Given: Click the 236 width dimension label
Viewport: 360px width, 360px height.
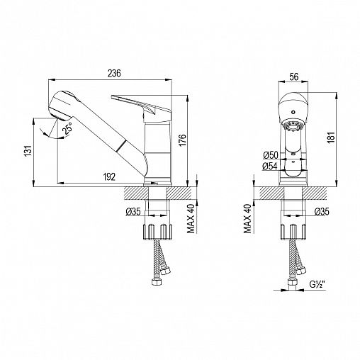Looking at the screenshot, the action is [x=114, y=73].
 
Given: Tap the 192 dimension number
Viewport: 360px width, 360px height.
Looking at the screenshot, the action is [x=109, y=177].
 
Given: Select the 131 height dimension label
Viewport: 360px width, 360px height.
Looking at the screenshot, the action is [x=28, y=151].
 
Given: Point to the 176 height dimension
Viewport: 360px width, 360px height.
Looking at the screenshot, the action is [x=183, y=140].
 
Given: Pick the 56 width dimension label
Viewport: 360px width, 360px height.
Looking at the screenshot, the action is [x=294, y=77].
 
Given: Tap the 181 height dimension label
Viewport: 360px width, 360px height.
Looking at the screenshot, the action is [x=331, y=137].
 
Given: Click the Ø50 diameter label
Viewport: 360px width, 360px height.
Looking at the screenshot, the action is [x=271, y=155].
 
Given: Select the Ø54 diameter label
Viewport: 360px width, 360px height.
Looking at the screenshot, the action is [x=269, y=167].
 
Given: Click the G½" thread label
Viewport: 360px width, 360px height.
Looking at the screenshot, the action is [x=317, y=284].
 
